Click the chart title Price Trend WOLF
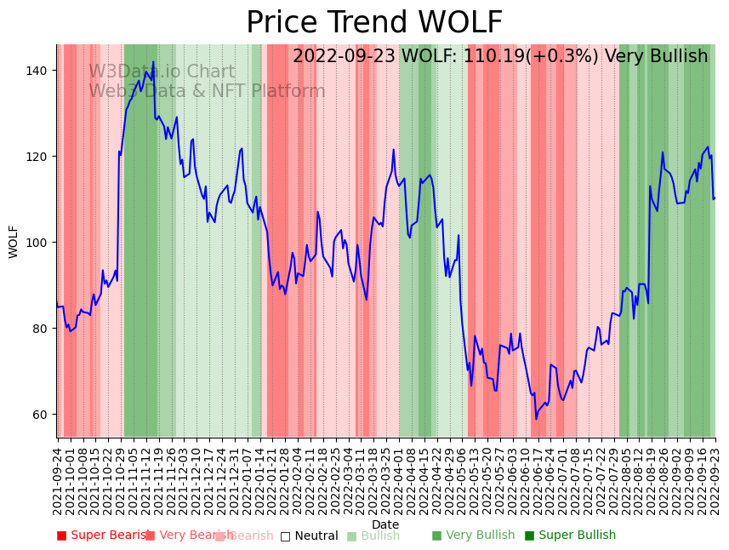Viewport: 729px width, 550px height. coord(374,23)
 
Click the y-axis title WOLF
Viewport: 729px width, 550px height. coord(14,242)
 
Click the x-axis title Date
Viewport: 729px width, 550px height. coord(385,524)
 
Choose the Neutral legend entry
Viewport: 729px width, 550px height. coord(310,536)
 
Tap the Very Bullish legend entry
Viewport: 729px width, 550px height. coord(473,536)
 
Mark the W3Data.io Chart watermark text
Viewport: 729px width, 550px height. coord(162,72)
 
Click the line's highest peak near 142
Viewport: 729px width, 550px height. coord(153,62)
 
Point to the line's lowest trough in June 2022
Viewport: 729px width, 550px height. coord(536,418)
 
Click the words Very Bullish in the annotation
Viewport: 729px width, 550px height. coord(656,57)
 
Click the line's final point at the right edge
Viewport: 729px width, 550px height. coord(715,198)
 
